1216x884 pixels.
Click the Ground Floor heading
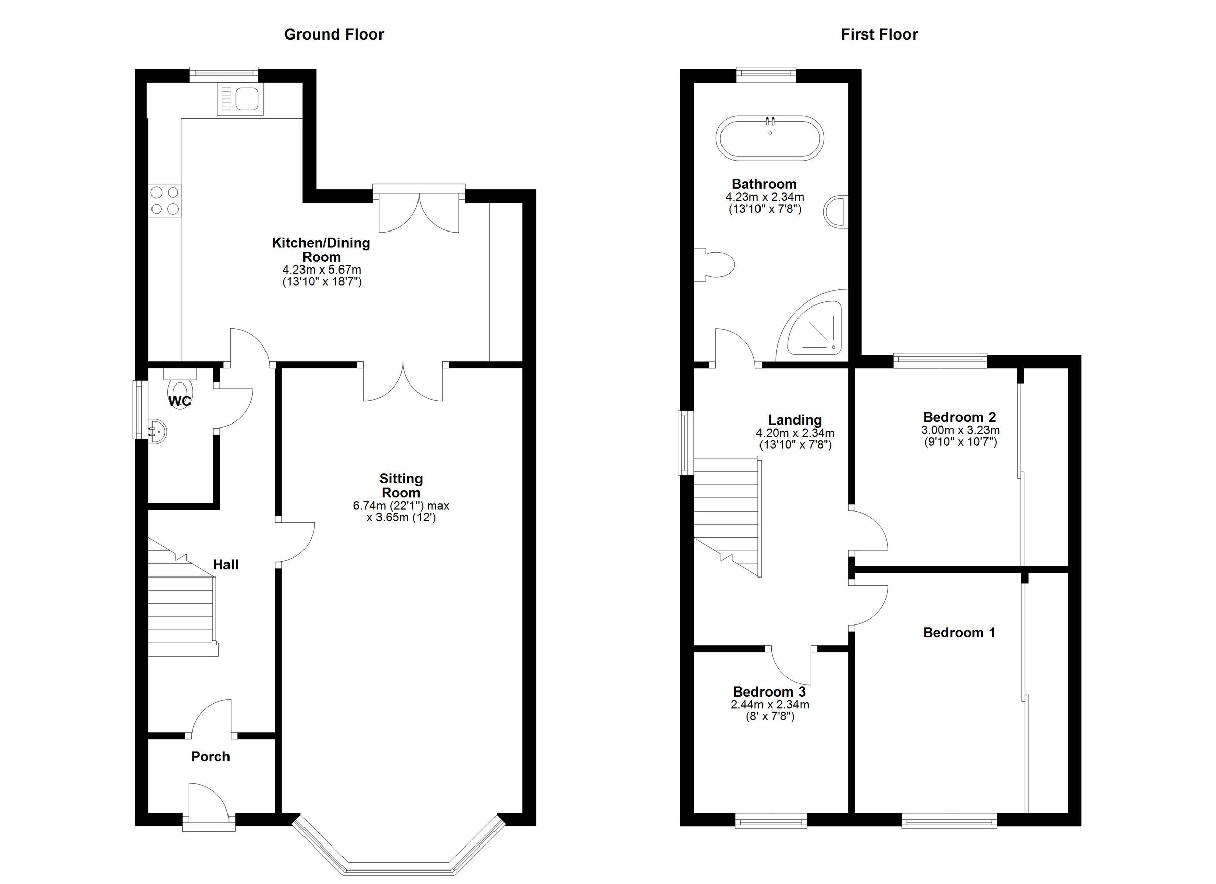tap(333, 34)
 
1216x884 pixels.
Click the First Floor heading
tap(879, 34)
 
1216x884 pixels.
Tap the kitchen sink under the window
tap(240, 100)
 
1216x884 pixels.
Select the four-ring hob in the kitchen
tap(165, 200)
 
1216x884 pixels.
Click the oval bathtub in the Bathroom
tap(770, 137)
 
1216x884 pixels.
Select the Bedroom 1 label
tap(959, 633)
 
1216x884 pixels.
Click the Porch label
tap(210, 756)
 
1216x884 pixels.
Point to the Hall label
tap(226, 564)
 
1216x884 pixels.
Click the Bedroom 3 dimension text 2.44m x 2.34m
tap(770, 704)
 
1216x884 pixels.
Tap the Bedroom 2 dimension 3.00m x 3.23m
tap(960, 430)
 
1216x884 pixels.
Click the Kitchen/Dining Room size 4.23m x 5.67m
tap(322, 270)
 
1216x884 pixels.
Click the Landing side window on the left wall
tap(685, 442)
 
